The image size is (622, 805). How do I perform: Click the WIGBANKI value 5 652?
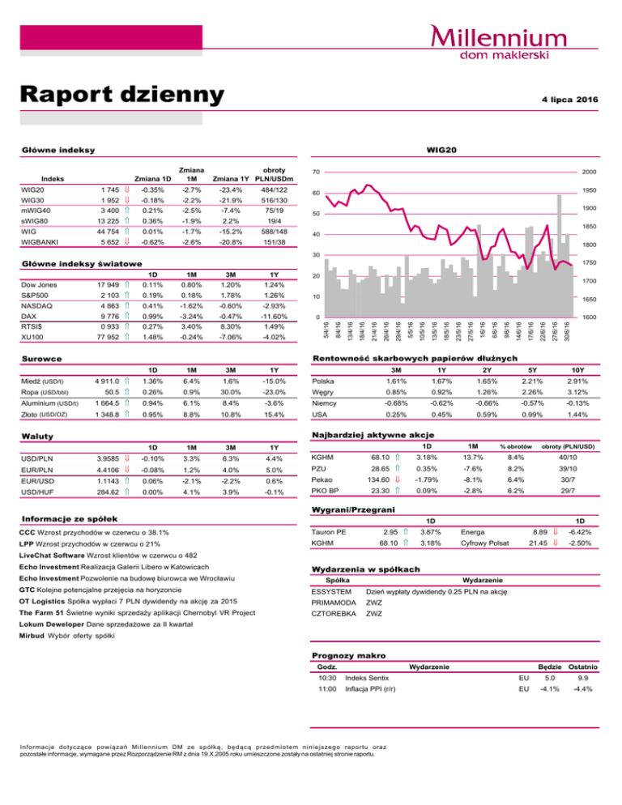click(108, 241)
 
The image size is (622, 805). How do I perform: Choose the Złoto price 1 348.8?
click(106, 415)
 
